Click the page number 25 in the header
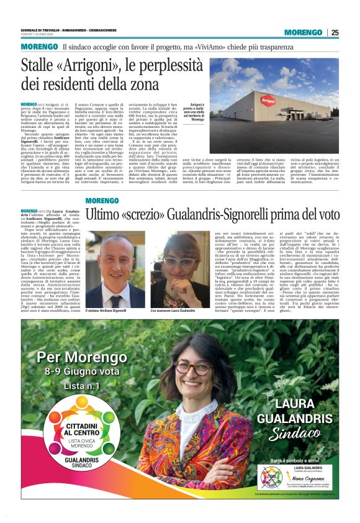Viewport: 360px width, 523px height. (335, 33)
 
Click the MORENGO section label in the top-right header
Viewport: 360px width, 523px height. (300, 33)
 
